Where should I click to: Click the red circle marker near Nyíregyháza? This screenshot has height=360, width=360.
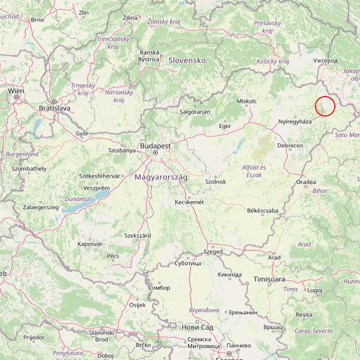(x=325, y=106)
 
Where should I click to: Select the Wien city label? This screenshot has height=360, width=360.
(x=16, y=90)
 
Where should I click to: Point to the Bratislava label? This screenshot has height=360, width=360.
(x=54, y=107)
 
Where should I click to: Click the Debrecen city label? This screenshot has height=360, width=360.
(x=290, y=146)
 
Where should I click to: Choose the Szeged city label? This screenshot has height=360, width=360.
(x=213, y=251)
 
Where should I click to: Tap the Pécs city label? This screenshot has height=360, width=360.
(x=113, y=255)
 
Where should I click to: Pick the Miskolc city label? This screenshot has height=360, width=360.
(x=246, y=101)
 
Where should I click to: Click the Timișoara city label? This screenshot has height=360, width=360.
(x=269, y=279)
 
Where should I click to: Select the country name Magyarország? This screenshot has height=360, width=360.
(x=161, y=177)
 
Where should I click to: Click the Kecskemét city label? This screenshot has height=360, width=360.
(x=189, y=202)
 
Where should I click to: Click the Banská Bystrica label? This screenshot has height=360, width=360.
(x=149, y=55)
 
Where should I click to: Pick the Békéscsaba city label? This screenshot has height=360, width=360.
(x=263, y=210)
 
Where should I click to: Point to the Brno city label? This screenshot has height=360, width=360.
(x=38, y=19)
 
